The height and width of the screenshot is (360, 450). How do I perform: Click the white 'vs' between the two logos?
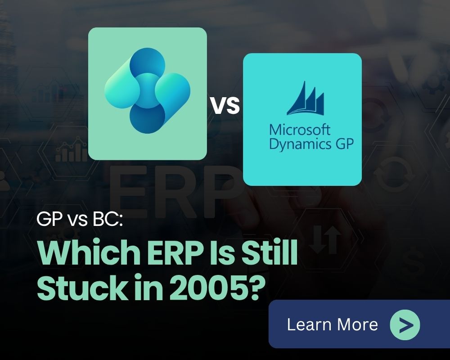click(x=225, y=107)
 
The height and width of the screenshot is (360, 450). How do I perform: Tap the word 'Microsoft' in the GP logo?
click(x=300, y=130)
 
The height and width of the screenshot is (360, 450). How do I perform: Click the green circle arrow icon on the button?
click(x=405, y=324)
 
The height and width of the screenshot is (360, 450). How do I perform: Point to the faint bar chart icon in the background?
click(x=71, y=153)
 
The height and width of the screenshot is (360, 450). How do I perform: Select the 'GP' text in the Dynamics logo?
click(x=343, y=145)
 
